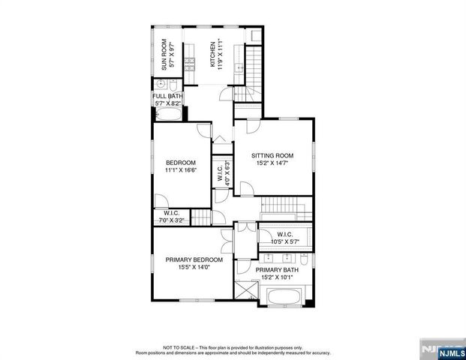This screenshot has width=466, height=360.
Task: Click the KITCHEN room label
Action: tap(213, 54)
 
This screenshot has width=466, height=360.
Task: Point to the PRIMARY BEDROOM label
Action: tap(194, 259)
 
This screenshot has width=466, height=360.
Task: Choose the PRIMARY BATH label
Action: tap(277, 269)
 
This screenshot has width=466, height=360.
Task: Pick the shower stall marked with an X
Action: tap(244, 288)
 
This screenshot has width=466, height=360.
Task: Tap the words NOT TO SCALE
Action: tap(176, 347)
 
